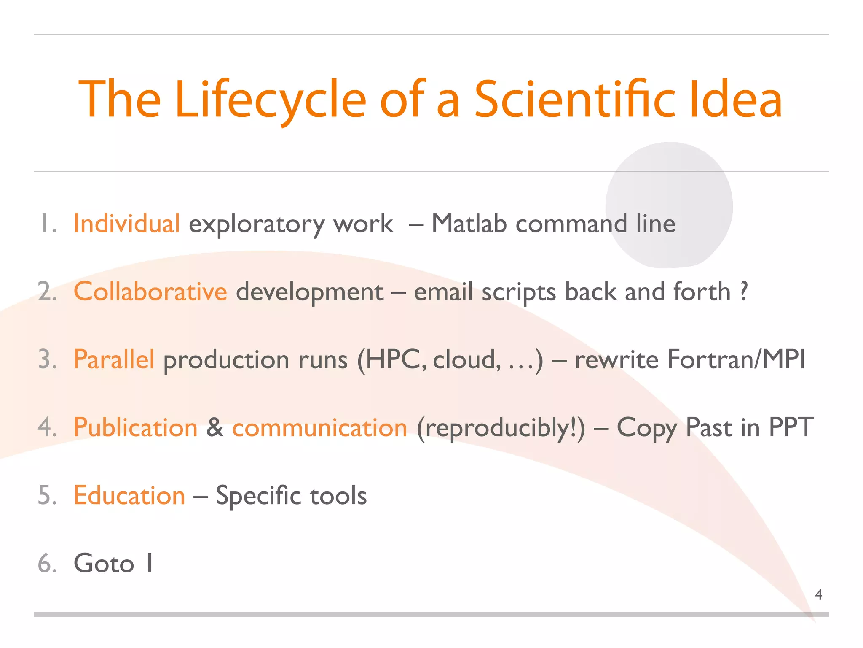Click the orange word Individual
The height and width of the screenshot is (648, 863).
tap(126, 223)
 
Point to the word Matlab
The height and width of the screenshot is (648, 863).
tap(469, 223)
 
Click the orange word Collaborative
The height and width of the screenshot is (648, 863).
tap(150, 292)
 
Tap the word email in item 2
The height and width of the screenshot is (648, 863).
tap(443, 292)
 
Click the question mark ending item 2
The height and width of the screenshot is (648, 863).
tap(744, 291)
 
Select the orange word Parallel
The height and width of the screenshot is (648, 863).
tap(114, 359)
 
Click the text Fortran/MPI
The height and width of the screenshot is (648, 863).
tap(736, 359)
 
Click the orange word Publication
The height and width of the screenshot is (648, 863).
tap(135, 427)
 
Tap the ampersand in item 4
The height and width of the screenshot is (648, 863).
tap(215, 427)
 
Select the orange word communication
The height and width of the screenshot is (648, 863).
tap(319, 428)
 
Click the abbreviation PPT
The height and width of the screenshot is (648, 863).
tap(791, 427)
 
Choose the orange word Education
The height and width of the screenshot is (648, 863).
tap(129, 495)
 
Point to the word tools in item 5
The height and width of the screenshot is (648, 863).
tap(338, 496)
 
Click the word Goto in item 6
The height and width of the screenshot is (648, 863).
tap(104, 564)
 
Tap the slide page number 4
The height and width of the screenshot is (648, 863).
tap(818, 595)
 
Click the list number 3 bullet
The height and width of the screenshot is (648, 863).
tap(47, 360)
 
